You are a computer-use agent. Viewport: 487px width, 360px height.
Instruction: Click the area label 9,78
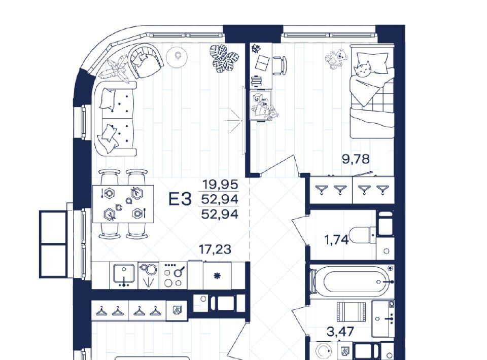(356, 159)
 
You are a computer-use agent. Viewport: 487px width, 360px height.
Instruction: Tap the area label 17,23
(215, 249)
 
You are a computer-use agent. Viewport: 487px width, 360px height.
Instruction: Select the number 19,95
(220, 185)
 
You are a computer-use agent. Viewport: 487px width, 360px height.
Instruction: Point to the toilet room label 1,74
(336, 240)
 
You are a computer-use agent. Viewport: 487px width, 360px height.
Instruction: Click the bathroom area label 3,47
(340, 332)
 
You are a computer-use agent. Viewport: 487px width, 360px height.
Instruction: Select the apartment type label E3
(180, 199)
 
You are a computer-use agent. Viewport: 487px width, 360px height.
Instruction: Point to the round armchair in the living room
(146, 60)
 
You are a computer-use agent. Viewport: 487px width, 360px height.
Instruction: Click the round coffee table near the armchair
(177, 56)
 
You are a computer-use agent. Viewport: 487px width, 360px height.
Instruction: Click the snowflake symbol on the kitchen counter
(217, 275)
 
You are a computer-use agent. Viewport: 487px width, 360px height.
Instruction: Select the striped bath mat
(350, 313)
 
